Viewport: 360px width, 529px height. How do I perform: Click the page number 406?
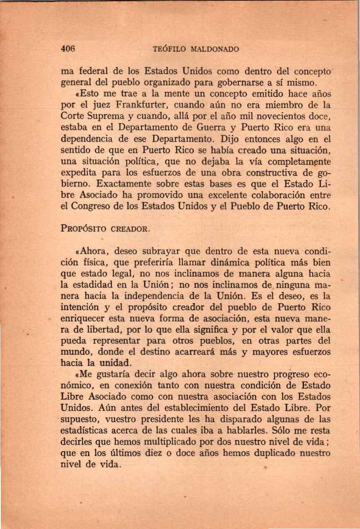point(67,49)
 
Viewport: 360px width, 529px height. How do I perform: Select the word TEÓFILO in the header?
point(169,49)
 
